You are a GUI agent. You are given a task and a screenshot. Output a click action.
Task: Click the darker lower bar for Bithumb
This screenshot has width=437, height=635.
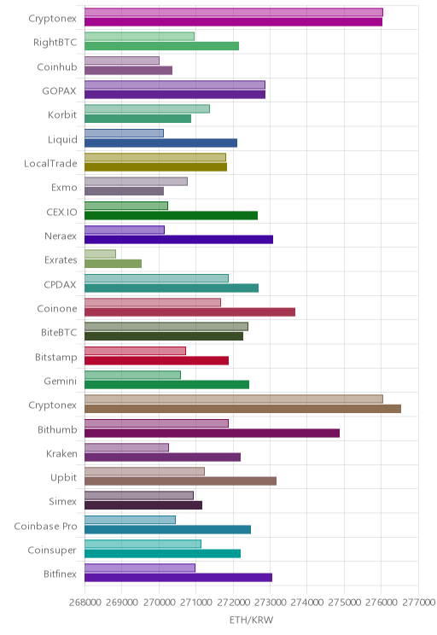click(212, 433)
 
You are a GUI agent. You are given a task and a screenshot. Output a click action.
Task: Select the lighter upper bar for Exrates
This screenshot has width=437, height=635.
click(100, 254)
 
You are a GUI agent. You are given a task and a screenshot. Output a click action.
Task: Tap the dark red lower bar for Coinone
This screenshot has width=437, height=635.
click(189, 312)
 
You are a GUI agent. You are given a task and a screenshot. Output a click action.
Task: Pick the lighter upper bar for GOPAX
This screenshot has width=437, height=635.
click(175, 84)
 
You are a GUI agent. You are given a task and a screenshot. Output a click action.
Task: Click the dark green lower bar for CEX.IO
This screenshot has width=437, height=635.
click(171, 215)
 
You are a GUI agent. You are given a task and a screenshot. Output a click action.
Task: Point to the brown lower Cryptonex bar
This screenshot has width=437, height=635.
click(242, 409)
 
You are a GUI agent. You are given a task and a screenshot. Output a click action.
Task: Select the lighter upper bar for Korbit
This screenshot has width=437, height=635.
click(147, 108)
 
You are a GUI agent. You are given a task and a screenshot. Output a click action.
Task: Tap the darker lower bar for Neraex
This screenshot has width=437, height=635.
click(178, 239)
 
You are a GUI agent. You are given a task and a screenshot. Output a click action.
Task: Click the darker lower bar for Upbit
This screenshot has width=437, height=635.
click(180, 481)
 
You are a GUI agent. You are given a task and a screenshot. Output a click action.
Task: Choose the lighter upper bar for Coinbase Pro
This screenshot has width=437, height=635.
click(130, 520)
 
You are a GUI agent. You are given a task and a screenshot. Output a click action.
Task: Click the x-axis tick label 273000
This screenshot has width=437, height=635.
click(271, 603)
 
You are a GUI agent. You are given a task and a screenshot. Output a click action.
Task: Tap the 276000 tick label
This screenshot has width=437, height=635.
click(382, 603)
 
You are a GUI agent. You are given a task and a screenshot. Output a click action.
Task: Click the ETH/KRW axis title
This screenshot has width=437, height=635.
click(251, 620)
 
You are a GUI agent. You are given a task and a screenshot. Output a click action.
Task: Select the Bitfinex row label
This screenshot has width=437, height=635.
click(60, 574)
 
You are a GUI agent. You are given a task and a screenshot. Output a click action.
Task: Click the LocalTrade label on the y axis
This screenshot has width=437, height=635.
click(50, 163)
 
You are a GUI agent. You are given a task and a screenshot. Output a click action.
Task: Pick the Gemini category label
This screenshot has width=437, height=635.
click(60, 381)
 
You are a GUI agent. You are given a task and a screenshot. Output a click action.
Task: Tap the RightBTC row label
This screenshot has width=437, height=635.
click(55, 42)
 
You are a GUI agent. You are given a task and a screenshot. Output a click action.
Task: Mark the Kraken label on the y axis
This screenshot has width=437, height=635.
click(61, 453)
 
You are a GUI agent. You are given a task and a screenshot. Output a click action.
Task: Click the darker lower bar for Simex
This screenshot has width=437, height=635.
click(143, 505)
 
